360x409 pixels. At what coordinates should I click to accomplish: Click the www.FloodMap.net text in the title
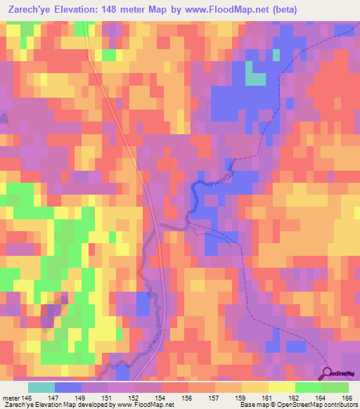click(212, 10)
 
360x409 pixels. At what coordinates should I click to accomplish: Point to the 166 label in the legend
click(347, 398)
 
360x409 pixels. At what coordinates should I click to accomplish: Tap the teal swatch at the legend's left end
click(41, 387)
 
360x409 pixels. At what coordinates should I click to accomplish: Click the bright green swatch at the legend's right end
click(335, 387)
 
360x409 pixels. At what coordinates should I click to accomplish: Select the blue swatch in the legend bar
click(68, 387)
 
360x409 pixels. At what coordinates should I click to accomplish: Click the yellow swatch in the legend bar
click(281, 387)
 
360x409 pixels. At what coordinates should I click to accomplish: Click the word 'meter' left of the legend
click(9, 398)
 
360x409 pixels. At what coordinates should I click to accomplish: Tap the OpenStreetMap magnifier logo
click(329, 374)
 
